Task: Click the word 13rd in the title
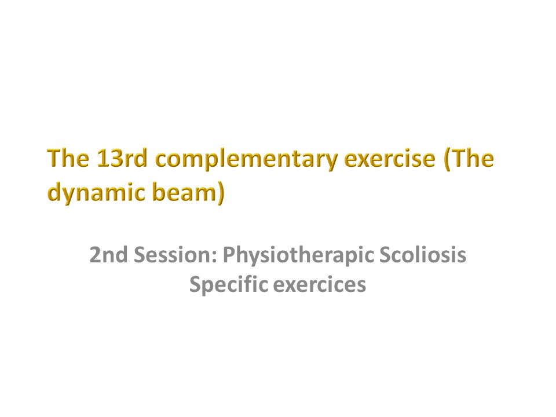coord(122,158)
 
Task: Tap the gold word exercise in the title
coord(390,158)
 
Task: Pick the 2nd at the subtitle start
coord(108,255)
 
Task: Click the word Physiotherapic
coord(298,257)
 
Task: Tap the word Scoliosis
coord(423,255)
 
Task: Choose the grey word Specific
coord(228,286)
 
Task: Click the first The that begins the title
coord(68,158)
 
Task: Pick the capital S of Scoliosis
coord(386,255)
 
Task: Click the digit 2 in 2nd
coord(95,255)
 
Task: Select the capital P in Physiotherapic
coord(229,255)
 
